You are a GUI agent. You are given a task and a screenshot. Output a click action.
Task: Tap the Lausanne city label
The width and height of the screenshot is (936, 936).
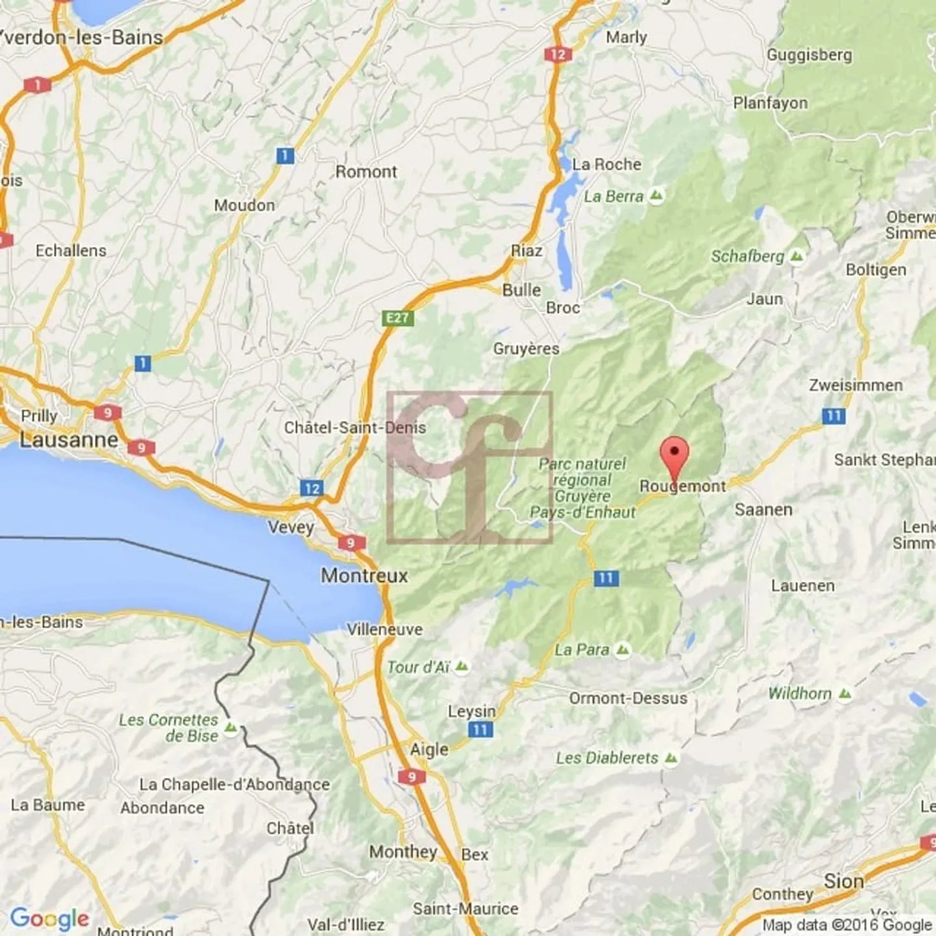tap(69, 440)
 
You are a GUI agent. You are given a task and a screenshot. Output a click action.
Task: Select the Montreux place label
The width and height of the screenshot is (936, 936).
tap(364, 575)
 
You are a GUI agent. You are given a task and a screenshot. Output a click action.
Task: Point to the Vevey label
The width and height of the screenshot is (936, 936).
tap(291, 526)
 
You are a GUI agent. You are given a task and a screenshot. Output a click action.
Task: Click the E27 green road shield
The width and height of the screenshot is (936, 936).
tap(397, 318)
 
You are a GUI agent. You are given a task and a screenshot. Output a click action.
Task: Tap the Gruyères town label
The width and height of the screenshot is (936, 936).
tap(526, 349)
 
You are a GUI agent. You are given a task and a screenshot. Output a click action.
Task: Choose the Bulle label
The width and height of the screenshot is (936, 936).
tap(521, 290)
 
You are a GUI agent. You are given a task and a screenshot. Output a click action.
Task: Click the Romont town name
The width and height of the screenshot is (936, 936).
tap(366, 172)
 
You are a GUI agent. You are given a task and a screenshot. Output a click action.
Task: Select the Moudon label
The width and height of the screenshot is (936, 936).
tap(244, 205)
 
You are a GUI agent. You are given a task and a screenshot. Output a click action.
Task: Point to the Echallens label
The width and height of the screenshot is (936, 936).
tap(71, 250)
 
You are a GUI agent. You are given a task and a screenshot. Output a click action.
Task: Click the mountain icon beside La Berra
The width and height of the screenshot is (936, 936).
tap(657, 196)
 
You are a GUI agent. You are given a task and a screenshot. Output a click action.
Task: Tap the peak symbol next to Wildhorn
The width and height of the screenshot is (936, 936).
tap(844, 694)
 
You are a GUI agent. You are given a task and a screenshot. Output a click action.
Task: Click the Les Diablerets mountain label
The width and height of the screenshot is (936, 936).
tap(607, 758)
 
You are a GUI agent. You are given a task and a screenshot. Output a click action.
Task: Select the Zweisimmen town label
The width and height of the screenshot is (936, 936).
tap(855, 385)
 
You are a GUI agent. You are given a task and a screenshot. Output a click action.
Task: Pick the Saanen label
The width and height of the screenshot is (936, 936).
tap(763, 510)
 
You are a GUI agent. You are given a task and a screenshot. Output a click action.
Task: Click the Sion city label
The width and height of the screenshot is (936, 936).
tap(844, 881)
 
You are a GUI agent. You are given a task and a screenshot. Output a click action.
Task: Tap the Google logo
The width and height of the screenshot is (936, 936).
tap(49, 918)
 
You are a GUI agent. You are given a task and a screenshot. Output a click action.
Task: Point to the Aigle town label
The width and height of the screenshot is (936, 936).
tap(429, 749)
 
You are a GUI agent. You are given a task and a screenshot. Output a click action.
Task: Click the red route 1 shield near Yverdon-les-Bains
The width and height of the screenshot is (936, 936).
tap(37, 84)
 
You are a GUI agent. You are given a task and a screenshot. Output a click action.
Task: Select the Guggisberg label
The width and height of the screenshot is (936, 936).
tap(809, 55)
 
